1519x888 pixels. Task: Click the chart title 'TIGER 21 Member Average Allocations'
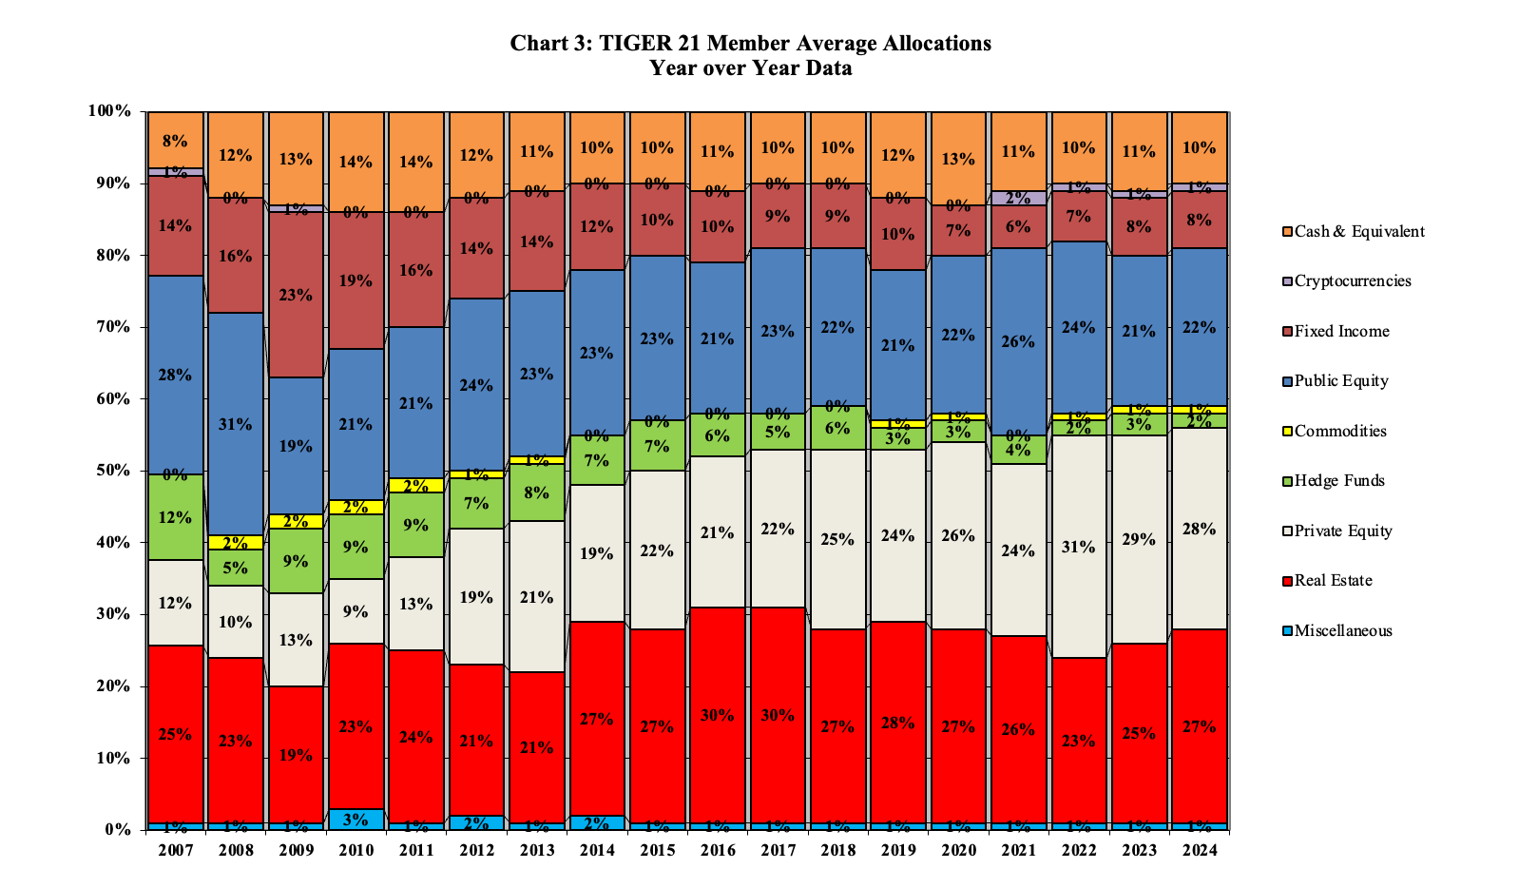(750, 44)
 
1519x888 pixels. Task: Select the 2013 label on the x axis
(537, 850)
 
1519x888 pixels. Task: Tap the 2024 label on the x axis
(1200, 850)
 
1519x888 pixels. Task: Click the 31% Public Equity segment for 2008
(236, 424)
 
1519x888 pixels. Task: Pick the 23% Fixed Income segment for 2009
(296, 295)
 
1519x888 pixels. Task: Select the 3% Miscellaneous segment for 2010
(356, 820)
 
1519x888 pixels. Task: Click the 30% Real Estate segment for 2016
(718, 716)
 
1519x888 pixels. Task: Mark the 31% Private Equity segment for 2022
(1079, 547)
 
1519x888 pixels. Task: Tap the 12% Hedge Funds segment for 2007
(176, 517)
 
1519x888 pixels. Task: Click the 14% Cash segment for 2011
(416, 162)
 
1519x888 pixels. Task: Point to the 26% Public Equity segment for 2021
(1018, 341)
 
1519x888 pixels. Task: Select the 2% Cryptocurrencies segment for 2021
(1018, 198)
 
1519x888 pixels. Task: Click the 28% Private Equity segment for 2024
(1200, 529)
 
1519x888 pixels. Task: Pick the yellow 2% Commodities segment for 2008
(236, 543)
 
